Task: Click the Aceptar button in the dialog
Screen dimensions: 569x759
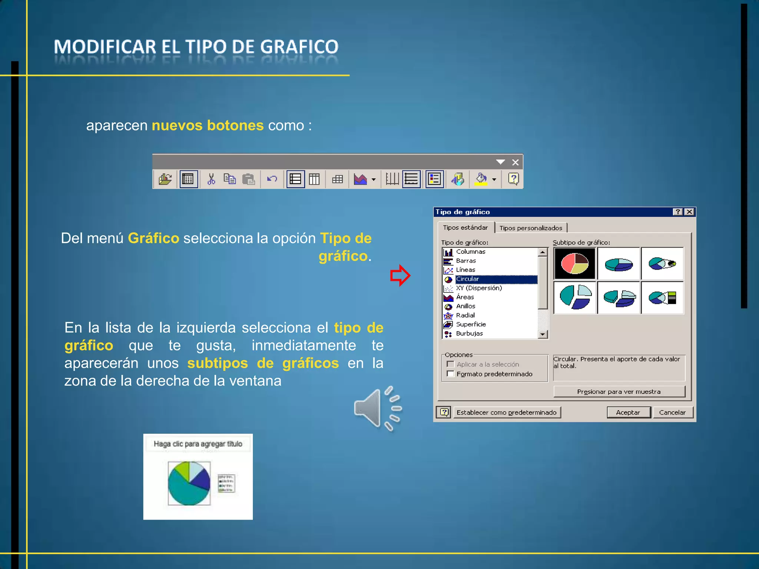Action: pos(628,412)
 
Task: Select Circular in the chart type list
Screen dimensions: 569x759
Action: pos(468,279)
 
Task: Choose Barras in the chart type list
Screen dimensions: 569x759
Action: pos(466,261)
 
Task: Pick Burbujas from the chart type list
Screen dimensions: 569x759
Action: pos(469,333)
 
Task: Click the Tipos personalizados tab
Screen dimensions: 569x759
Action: pos(531,228)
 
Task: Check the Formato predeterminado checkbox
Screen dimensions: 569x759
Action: pos(451,374)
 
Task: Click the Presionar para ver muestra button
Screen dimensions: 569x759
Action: pos(619,392)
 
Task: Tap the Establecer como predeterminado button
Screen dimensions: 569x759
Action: pos(506,412)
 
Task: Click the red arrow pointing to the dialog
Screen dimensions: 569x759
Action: pos(400,276)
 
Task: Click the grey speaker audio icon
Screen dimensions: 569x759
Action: pos(377,409)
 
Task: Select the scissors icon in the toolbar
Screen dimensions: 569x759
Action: pos(211,179)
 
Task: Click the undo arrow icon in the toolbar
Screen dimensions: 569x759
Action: pos(272,179)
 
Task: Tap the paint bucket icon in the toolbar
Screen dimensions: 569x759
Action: pos(481,179)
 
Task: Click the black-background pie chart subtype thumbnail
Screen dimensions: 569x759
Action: pos(574,263)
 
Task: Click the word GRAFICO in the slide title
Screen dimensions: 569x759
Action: pos(299,47)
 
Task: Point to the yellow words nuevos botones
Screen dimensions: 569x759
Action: pos(208,126)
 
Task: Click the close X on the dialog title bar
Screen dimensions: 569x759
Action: pos(689,212)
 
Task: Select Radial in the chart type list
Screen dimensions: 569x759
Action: pos(465,315)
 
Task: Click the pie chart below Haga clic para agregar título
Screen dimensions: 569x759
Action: pos(189,483)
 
